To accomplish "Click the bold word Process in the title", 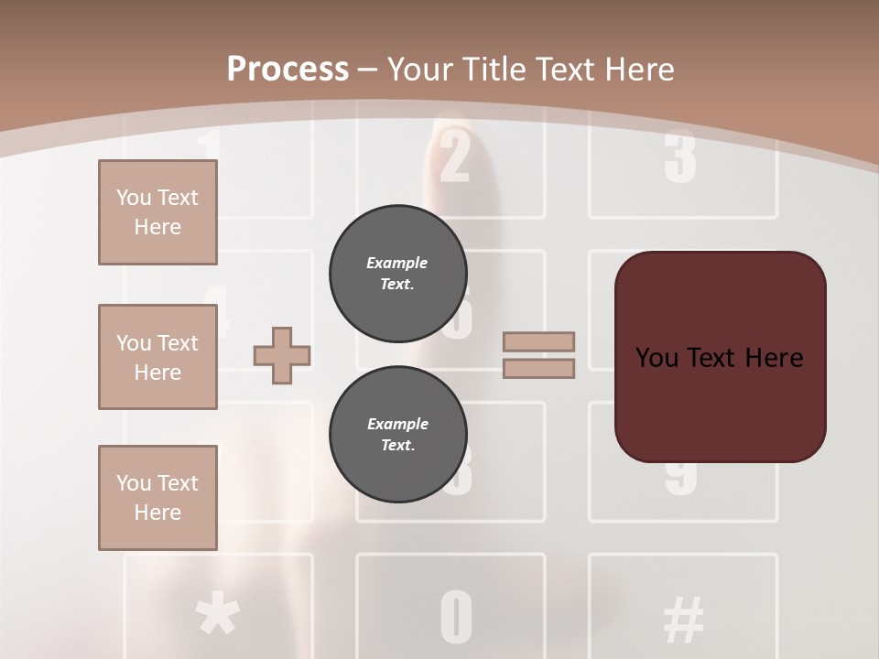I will pos(288,69).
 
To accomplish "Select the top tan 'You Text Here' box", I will pos(157,212).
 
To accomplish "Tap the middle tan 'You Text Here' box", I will pos(157,357).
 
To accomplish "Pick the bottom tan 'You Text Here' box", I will pos(157,498).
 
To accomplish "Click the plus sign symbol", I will pos(282,355).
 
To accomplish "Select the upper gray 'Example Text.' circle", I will pos(397,274).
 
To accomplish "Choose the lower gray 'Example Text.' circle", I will pos(397,435).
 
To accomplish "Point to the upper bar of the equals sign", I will pos(539,341).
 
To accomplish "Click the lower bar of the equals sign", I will pos(539,369).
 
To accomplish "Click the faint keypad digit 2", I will pos(454,156).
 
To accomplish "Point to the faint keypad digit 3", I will pos(680,157).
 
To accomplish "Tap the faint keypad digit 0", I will pos(456,617).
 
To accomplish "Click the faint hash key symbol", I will pos(683,618).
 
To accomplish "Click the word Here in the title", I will pos(634,69).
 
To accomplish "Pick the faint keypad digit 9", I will pos(682,476).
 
